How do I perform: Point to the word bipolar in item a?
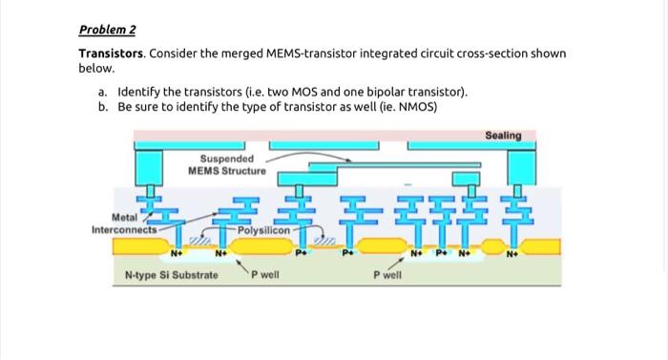[377, 92]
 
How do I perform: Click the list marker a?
[101, 92]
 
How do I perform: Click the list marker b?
[101, 107]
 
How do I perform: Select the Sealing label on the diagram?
[503, 136]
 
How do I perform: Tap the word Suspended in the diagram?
[227, 159]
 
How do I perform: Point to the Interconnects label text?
[123, 230]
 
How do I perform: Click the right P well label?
[387, 275]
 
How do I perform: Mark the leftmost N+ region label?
[177, 255]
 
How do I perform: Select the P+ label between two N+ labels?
[442, 255]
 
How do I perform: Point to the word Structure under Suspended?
[242, 170]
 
